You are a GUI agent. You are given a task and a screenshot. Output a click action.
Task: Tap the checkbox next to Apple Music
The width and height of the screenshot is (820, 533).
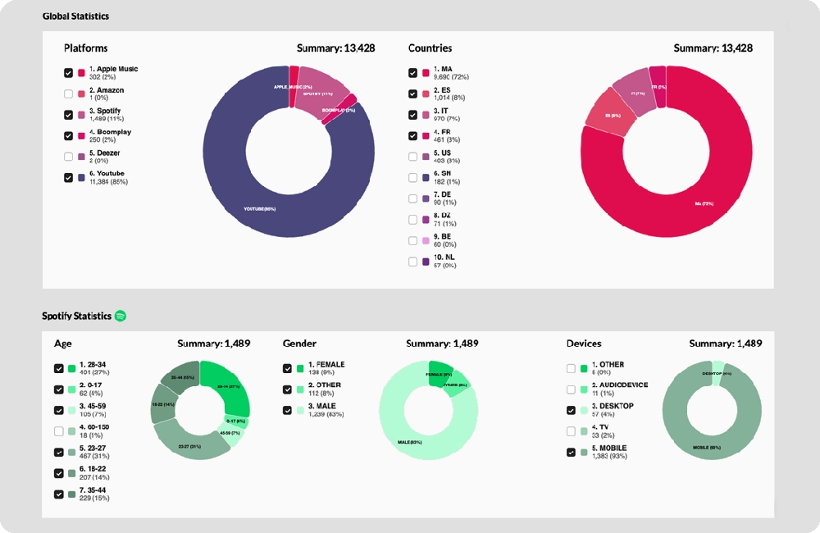coord(68,73)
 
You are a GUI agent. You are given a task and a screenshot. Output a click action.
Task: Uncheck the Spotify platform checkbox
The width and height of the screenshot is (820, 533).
coord(68,115)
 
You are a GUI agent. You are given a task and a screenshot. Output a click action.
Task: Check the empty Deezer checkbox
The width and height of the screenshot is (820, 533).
coord(68,157)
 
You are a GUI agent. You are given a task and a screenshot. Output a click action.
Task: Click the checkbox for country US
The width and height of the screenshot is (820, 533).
coord(412,157)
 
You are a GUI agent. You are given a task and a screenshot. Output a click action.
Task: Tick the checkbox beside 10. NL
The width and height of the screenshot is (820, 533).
coord(412,262)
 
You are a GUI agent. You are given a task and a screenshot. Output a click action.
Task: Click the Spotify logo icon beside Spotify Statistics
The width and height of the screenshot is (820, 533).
coord(120,316)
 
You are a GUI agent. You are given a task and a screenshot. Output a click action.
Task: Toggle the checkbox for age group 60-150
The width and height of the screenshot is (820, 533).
coord(58,431)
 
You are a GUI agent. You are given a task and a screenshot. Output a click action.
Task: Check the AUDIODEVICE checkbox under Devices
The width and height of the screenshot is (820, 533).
coord(571,389)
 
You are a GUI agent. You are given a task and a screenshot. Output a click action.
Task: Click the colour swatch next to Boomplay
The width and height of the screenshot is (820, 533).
coord(81,135)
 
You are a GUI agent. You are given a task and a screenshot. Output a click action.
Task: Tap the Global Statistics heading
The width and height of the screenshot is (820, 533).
coord(75,16)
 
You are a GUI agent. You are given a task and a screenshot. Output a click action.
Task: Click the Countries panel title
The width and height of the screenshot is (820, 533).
coord(430,48)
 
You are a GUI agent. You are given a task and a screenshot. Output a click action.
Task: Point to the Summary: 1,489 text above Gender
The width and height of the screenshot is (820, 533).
coord(442,344)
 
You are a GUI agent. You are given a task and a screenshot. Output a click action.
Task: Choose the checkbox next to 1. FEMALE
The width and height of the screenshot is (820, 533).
coord(287,368)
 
